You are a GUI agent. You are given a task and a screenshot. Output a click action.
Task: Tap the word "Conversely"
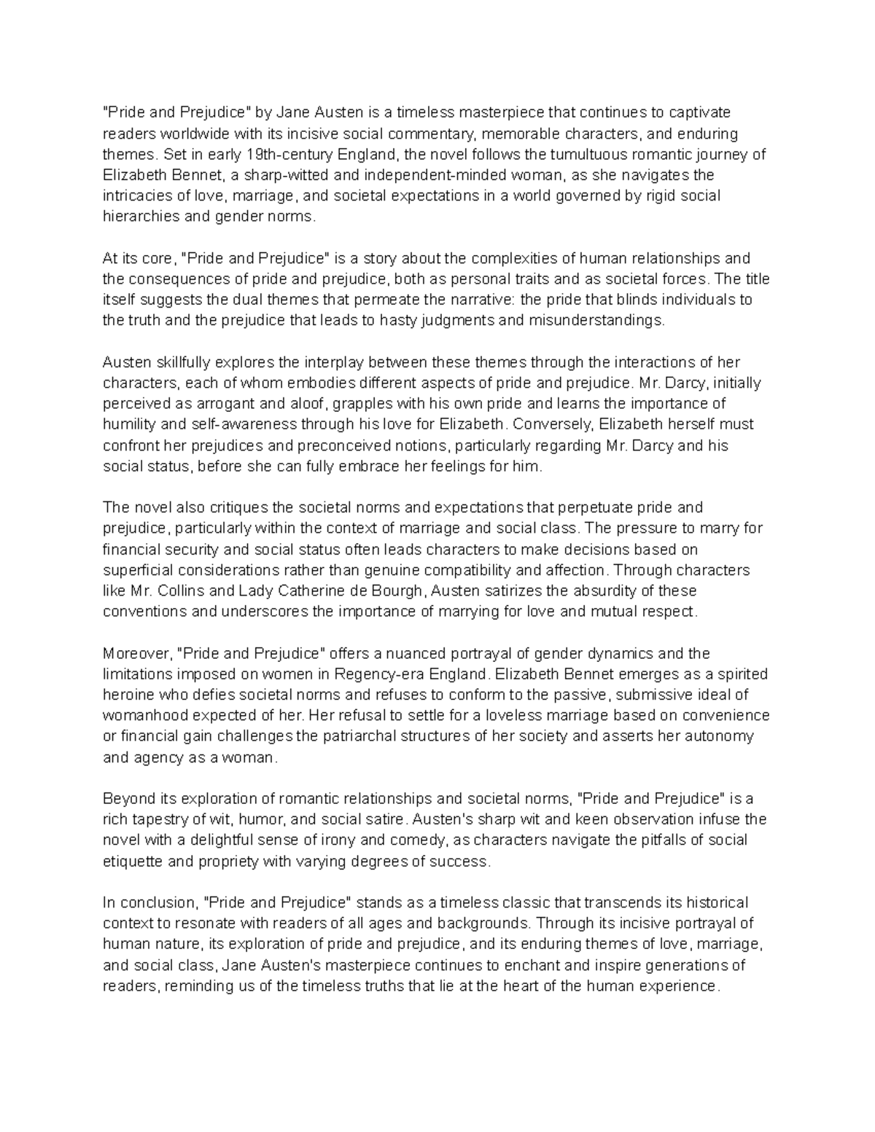(545, 424)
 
